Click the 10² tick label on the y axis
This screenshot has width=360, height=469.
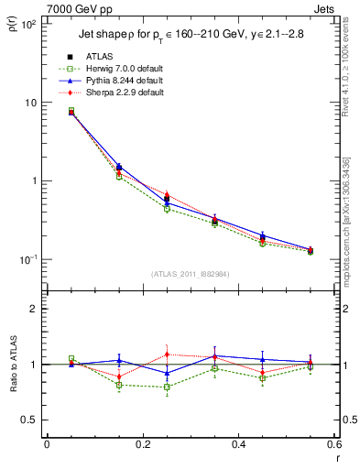pyautogui.click(x=27, y=24)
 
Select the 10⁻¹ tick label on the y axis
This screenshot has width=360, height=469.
pyautogui.click(x=27, y=259)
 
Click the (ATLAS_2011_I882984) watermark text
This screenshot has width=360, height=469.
pyautogui.click(x=191, y=275)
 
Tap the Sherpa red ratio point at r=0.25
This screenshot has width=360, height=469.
pyautogui.click(x=167, y=354)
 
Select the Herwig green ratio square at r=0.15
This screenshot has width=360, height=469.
pyautogui.click(x=119, y=386)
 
